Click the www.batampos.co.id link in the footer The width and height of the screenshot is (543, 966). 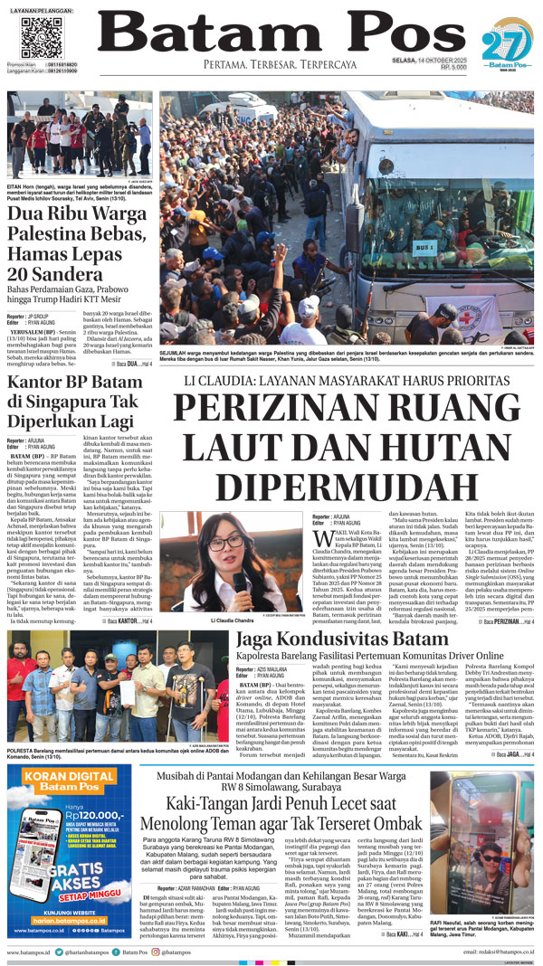(x=30, y=952)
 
